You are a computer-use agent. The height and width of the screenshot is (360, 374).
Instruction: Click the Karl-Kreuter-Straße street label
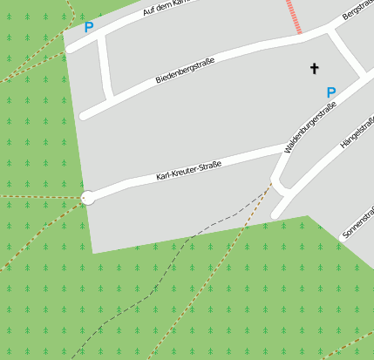[188, 170]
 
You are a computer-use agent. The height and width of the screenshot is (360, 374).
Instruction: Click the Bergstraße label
[357, 14]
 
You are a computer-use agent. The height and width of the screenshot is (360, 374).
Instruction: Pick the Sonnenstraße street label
[358, 222]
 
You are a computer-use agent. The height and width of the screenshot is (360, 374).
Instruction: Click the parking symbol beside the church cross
[331, 92]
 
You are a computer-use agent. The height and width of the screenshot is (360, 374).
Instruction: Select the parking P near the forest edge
[89, 28]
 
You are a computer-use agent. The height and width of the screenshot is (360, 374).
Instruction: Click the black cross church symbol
[314, 67]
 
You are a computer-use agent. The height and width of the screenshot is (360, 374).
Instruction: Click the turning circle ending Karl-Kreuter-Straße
[87, 198]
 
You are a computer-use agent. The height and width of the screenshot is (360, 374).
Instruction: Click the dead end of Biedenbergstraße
[85, 114]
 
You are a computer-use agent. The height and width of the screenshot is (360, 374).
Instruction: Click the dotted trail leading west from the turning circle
[39, 197]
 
